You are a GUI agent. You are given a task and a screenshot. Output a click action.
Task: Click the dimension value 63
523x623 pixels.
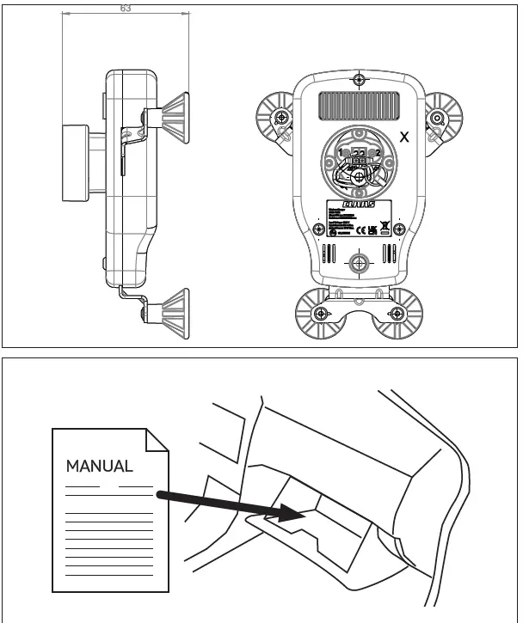click(126, 9)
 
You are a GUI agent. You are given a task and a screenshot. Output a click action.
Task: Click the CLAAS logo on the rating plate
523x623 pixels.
click(359, 205)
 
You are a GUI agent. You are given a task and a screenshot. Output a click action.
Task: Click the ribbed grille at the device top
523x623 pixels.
click(359, 107)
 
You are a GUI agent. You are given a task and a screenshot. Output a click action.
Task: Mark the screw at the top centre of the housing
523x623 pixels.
click(359, 80)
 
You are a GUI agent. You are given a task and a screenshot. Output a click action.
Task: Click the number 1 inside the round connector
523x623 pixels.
click(341, 152)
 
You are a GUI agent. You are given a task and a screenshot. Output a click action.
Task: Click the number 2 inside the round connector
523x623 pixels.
click(378, 152)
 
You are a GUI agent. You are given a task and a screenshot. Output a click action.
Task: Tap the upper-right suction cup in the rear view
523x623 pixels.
click(439, 118)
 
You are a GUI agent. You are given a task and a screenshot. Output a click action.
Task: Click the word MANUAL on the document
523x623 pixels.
click(100, 467)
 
